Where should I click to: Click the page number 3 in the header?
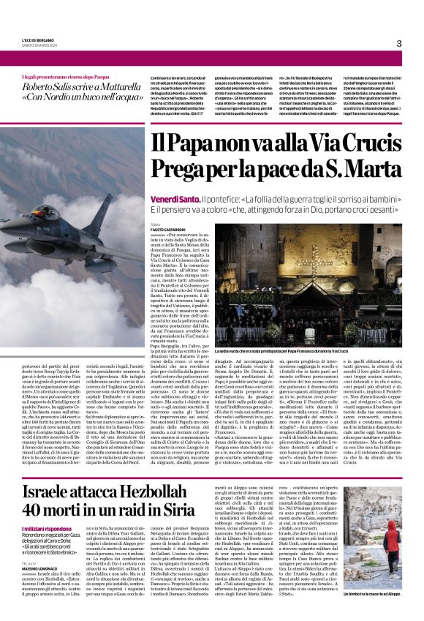coord(398,43)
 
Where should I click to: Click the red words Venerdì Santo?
coord(173,180)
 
